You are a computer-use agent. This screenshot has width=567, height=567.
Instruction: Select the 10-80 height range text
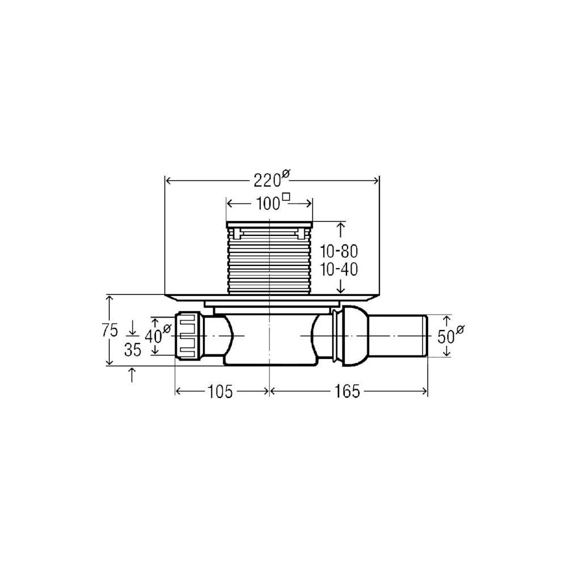point(339,251)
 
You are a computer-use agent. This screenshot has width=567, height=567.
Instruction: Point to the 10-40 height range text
point(339,269)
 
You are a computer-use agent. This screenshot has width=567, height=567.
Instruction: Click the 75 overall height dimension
point(110,331)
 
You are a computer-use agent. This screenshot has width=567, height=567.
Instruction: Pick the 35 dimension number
point(132,350)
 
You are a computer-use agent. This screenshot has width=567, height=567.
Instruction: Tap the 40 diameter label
point(157,335)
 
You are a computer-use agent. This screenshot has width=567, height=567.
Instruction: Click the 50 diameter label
point(451,335)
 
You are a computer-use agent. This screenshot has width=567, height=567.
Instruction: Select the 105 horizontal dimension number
point(220,391)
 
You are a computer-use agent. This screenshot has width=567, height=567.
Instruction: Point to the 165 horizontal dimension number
point(347,391)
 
